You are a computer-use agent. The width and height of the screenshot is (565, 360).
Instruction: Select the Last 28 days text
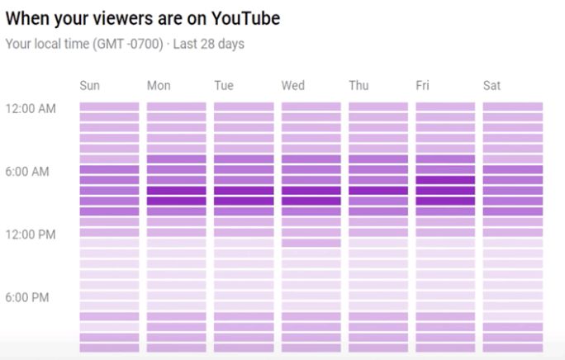(209, 44)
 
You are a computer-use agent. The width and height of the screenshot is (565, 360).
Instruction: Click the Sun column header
(90, 86)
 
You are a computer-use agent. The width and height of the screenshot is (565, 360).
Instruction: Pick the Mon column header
(159, 86)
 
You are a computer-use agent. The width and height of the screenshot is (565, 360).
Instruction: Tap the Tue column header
(224, 86)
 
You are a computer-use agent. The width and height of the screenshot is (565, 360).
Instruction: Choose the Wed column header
(292, 86)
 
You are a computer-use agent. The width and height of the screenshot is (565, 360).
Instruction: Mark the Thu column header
(358, 86)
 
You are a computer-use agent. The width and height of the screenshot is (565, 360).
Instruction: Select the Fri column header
(422, 86)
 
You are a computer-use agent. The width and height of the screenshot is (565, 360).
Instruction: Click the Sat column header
(491, 86)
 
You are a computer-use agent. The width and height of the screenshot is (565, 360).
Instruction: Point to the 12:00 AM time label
(31, 109)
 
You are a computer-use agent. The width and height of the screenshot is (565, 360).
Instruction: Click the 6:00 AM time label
(28, 172)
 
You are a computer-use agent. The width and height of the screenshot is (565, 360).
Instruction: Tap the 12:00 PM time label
(31, 234)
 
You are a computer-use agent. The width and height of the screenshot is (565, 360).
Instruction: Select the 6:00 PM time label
(28, 297)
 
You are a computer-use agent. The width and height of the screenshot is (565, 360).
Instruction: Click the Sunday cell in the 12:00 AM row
(109, 107)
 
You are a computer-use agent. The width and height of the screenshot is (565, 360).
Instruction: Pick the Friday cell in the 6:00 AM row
(445, 169)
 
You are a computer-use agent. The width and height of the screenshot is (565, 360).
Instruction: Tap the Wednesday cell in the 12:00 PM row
(311, 233)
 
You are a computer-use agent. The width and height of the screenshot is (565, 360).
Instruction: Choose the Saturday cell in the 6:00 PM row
(513, 296)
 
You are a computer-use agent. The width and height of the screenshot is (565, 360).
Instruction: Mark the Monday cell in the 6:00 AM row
(177, 169)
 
